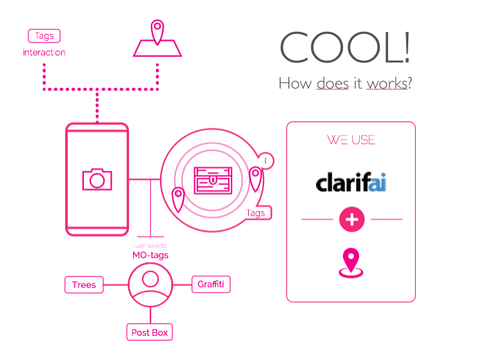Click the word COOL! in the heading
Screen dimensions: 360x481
click(x=344, y=47)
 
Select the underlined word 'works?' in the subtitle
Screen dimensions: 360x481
click(x=388, y=84)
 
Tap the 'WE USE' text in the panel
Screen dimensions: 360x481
click(x=351, y=139)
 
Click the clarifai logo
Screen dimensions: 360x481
click(x=351, y=182)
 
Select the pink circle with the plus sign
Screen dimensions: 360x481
click(x=351, y=220)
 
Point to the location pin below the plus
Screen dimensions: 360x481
click(x=351, y=263)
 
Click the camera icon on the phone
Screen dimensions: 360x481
click(x=97, y=179)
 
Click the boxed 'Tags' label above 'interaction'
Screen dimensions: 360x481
click(x=44, y=35)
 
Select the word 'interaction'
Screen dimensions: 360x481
click(x=44, y=53)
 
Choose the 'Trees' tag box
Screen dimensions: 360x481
click(x=84, y=284)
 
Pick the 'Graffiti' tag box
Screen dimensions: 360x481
click(x=211, y=284)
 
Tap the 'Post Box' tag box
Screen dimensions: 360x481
click(x=150, y=332)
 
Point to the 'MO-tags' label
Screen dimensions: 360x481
click(x=150, y=255)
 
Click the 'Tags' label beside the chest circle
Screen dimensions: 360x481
click(x=256, y=213)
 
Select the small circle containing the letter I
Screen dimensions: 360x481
click(x=265, y=161)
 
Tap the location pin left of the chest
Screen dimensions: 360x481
click(x=178, y=200)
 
